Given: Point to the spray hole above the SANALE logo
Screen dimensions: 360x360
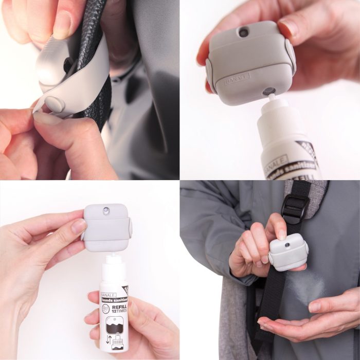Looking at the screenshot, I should pyautogui.click(x=243, y=32).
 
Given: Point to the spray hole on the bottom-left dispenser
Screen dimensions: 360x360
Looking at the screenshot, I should pyautogui.click(x=106, y=211).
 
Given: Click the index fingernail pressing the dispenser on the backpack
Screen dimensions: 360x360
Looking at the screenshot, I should pyautogui.click(x=281, y=234).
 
